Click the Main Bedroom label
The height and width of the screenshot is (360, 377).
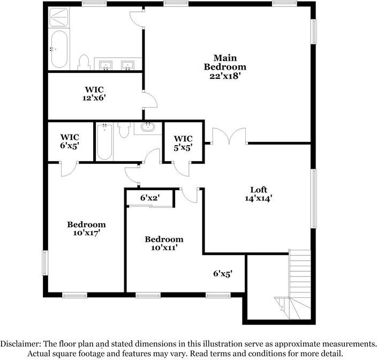(x=225, y=62)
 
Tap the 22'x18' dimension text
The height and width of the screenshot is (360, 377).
(x=225, y=76)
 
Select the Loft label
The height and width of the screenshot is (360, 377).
(x=259, y=189)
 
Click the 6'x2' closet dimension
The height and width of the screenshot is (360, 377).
(x=150, y=198)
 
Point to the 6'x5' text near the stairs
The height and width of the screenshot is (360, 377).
(x=223, y=273)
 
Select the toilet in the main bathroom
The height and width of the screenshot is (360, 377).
(x=84, y=62)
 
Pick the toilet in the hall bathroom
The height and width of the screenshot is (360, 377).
(x=124, y=130)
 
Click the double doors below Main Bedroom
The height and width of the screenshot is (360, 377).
(x=229, y=137)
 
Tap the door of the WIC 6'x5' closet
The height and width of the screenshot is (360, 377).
(x=69, y=167)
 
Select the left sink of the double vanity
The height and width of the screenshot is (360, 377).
(x=107, y=65)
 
